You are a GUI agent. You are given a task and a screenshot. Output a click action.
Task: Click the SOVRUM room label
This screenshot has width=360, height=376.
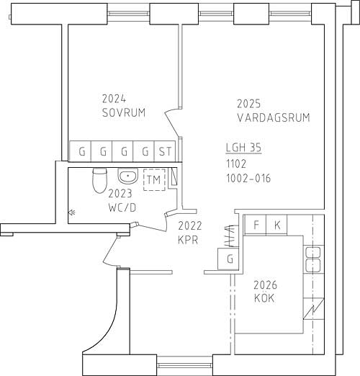(124, 112)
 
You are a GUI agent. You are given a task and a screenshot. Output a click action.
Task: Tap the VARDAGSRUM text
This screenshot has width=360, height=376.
(274, 117)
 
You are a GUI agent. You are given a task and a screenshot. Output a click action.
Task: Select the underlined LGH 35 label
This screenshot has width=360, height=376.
(243, 147)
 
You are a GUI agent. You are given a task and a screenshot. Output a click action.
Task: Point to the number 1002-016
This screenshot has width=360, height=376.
(248, 178)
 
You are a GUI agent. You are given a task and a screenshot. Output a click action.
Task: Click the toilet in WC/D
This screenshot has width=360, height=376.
(99, 180)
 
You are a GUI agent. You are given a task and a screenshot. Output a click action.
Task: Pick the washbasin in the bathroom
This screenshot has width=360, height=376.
(128, 176)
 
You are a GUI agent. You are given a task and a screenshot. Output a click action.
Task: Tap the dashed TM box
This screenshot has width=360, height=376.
(154, 180)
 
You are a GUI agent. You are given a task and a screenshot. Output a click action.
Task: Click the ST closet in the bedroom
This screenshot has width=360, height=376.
(165, 151)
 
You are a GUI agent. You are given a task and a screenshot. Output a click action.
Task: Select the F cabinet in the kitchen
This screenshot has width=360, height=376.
(256, 225)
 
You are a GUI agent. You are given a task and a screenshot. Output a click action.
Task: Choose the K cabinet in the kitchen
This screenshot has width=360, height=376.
(276, 225)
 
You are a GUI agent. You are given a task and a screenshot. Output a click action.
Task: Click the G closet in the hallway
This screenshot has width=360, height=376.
(228, 259)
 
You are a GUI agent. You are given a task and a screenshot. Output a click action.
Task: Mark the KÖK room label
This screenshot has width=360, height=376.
(264, 298)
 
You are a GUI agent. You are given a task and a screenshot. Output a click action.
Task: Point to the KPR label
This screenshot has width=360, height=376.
(188, 240)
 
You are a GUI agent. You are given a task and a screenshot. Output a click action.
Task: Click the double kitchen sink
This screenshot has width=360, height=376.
(313, 259)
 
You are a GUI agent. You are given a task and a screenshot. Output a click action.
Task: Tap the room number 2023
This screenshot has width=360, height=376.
(120, 194)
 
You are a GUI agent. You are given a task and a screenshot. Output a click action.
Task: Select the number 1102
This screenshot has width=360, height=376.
(236, 164)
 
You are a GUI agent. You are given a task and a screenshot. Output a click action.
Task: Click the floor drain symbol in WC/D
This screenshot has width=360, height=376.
(71, 212)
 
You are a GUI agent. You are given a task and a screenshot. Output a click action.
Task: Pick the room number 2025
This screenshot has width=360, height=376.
(248, 104)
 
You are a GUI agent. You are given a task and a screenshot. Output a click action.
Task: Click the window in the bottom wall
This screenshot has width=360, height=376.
(184, 366)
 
